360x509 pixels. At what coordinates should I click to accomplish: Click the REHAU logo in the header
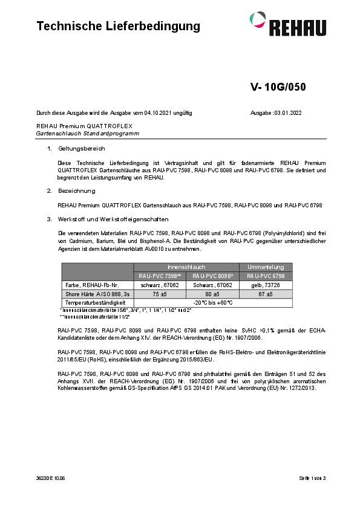point(292,24)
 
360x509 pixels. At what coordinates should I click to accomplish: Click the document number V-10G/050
point(278,86)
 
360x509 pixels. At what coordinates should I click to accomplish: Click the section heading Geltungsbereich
point(82,148)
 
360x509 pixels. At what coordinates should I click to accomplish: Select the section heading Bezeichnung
point(77,190)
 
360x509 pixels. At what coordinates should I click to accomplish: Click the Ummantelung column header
point(249,267)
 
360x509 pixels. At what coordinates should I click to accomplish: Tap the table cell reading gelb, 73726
point(249,284)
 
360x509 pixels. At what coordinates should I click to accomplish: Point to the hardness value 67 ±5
point(249,293)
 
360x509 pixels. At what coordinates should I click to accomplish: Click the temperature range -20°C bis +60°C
point(203,302)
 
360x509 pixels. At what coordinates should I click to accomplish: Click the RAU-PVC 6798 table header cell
point(249,276)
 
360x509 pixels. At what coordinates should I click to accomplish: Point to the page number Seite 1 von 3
point(312,478)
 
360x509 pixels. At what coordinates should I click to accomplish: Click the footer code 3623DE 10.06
point(50,478)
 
